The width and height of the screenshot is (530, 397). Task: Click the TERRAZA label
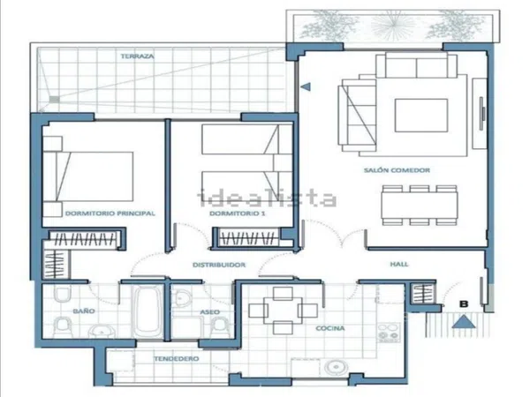pos(138,56)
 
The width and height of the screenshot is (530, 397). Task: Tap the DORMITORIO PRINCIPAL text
pos(110,213)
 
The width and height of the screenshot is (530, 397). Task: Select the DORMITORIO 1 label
pos(238,213)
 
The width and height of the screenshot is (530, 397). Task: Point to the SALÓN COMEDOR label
pos(397,170)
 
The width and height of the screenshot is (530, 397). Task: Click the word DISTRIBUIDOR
pos(219,265)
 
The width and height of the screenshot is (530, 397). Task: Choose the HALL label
pos(399,264)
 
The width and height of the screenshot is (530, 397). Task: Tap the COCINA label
pos(330,328)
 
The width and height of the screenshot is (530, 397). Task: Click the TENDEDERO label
pos(177,358)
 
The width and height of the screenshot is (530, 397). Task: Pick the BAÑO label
pos(84,311)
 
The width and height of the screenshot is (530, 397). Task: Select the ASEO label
pos(210,312)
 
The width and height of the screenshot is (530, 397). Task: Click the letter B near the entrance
pos(464,303)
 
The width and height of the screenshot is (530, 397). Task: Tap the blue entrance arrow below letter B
pos(464,321)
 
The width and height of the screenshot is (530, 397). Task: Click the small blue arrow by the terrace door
pos(306,86)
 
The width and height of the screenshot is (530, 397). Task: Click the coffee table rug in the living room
pos(421,116)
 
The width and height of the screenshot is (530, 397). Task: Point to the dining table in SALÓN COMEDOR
pos(420,205)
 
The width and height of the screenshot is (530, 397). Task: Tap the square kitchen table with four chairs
pos(283,311)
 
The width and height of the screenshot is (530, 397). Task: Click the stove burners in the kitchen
pos(389,333)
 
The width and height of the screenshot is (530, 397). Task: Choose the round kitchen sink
pos(336,367)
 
